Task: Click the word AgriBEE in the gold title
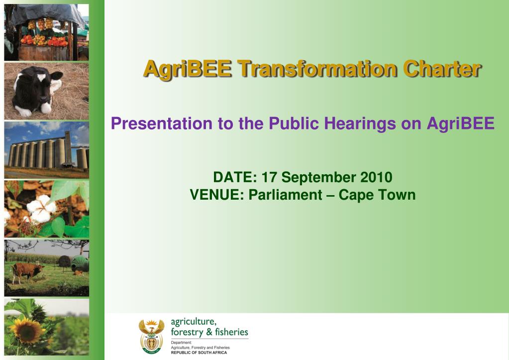pyautogui.click(x=188, y=69)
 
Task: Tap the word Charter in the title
pyautogui.click(x=442, y=69)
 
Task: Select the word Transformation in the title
pyautogui.click(x=317, y=69)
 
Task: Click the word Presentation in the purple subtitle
pyautogui.click(x=162, y=123)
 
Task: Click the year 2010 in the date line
pyautogui.click(x=376, y=177)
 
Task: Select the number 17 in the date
pyautogui.click(x=269, y=177)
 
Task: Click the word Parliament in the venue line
pyautogui.click(x=285, y=195)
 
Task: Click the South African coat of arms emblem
pyautogui.click(x=151, y=336)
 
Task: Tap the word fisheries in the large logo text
pyautogui.click(x=231, y=332)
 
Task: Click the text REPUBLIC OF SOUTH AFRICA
pyautogui.click(x=199, y=353)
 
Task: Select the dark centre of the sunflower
pyautogui.click(x=27, y=331)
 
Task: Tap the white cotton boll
pyautogui.click(x=41, y=209)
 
